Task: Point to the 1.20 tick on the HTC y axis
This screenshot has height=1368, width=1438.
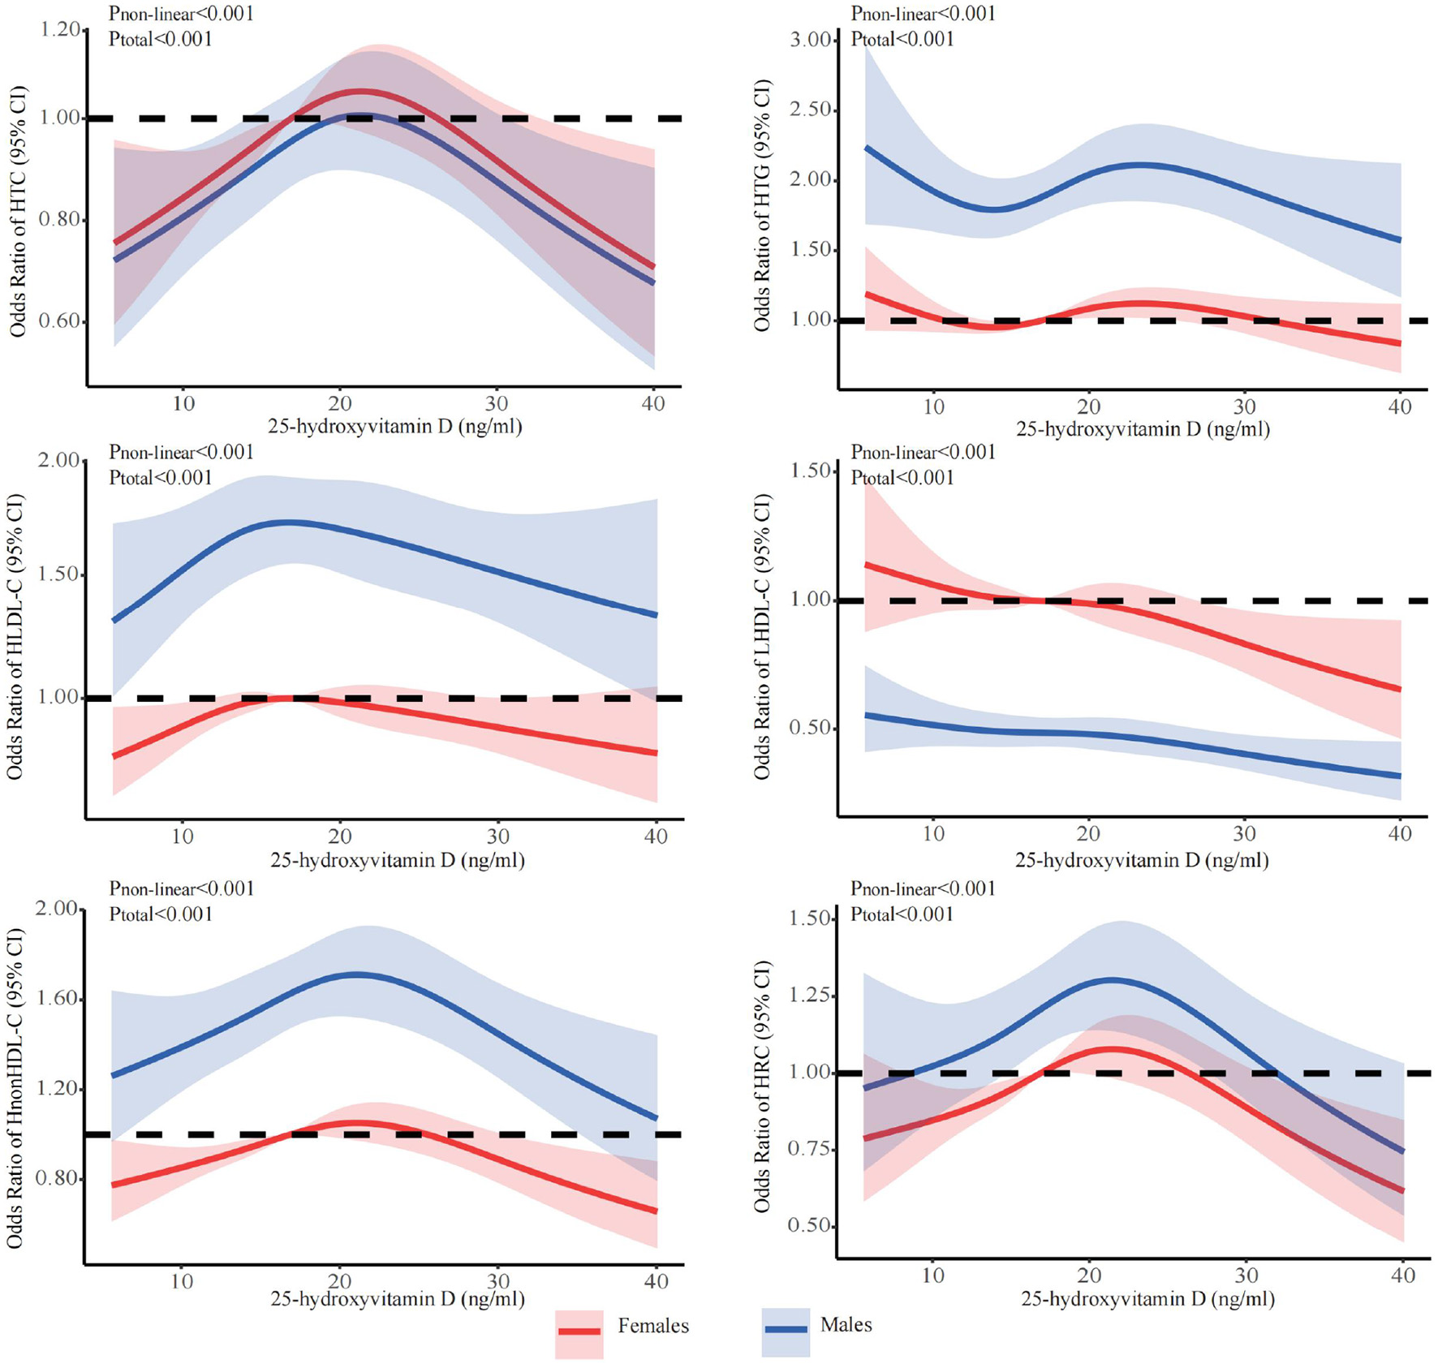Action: point(60,31)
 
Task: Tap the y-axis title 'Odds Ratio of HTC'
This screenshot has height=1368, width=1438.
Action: point(18,211)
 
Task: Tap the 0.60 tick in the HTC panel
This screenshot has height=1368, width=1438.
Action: point(60,321)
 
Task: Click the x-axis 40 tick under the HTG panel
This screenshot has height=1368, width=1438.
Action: point(1400,407)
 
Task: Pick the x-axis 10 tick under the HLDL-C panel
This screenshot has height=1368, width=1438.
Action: point(183,836)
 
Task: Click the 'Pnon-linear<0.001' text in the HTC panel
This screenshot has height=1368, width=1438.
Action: point(181,14)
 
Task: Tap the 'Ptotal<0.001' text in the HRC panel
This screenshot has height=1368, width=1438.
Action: point(902,914)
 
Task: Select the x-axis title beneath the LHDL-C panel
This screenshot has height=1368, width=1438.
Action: point(1142,860)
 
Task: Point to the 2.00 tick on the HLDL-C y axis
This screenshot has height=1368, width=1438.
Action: point(58,461)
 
